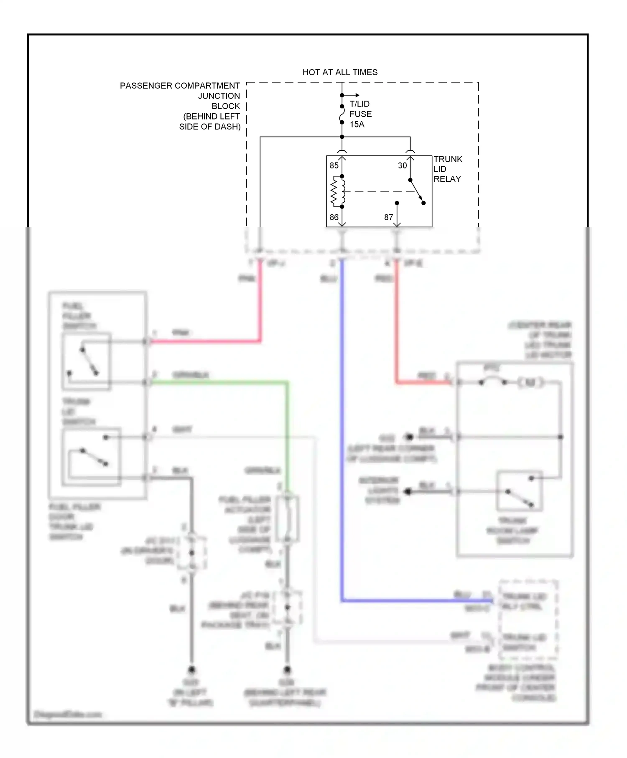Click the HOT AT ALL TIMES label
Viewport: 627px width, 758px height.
click(x=340, y=72)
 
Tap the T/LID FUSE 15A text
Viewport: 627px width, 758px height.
click(x=360, y=114)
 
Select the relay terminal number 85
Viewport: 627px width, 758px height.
click(x=334, y=165)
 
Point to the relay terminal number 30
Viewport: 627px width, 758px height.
click(x=402, y=165)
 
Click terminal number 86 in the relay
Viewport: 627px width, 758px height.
click(x=334, y=217)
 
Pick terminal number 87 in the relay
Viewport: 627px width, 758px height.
click(x=388, y=217)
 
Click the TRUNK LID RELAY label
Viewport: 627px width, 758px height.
click(x=447, y=169)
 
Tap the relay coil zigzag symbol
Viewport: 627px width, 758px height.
click(x=334, y=192)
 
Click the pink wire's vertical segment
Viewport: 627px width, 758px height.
click(x=260, y=301)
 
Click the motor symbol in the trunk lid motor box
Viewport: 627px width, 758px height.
click(x=530, y=382)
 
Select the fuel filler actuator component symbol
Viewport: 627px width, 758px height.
click(x=288, y=518)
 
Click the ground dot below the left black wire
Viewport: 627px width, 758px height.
click(x=191, y=670)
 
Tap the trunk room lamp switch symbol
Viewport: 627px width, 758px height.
click(x=520, y=491)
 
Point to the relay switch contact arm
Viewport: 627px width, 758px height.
click(x=417, y=192)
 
